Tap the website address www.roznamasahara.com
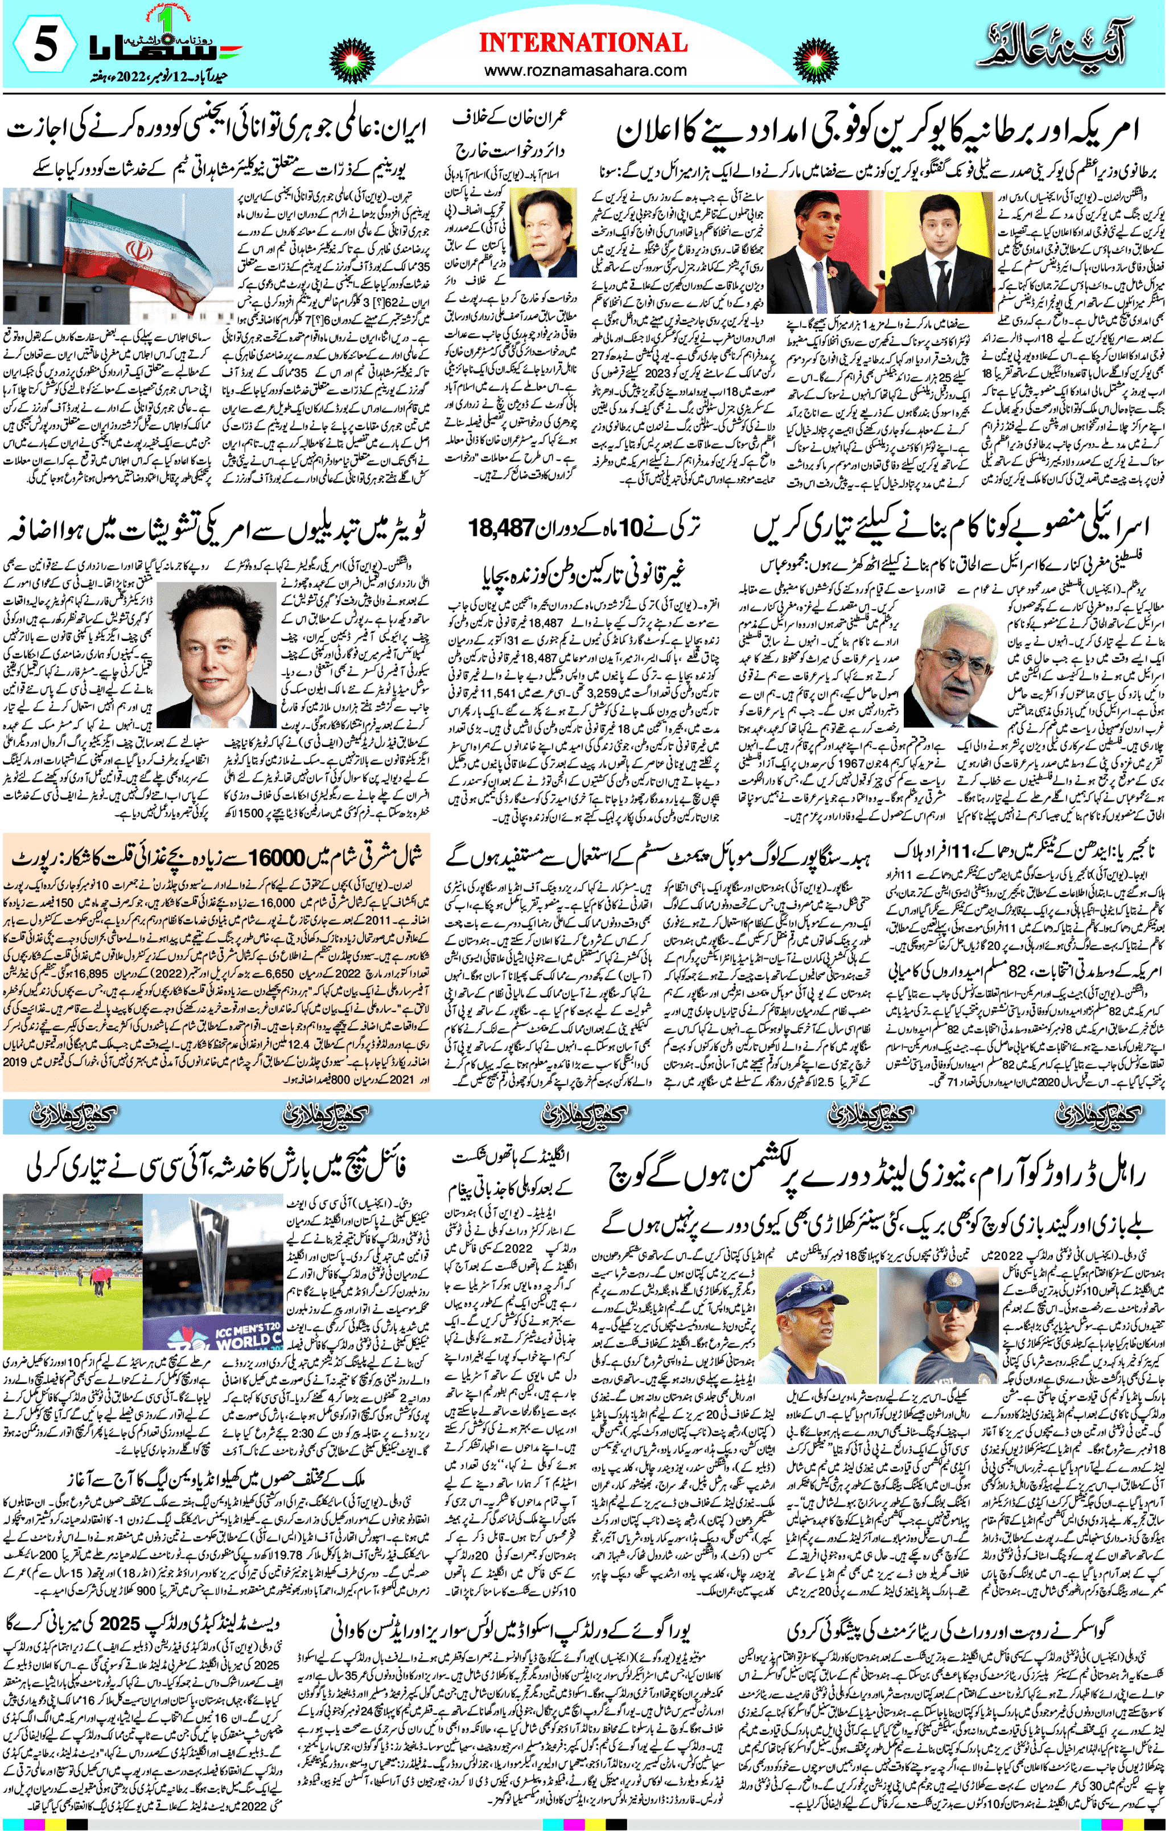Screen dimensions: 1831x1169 pos(585,70)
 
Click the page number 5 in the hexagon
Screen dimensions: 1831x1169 pos(44,47)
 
